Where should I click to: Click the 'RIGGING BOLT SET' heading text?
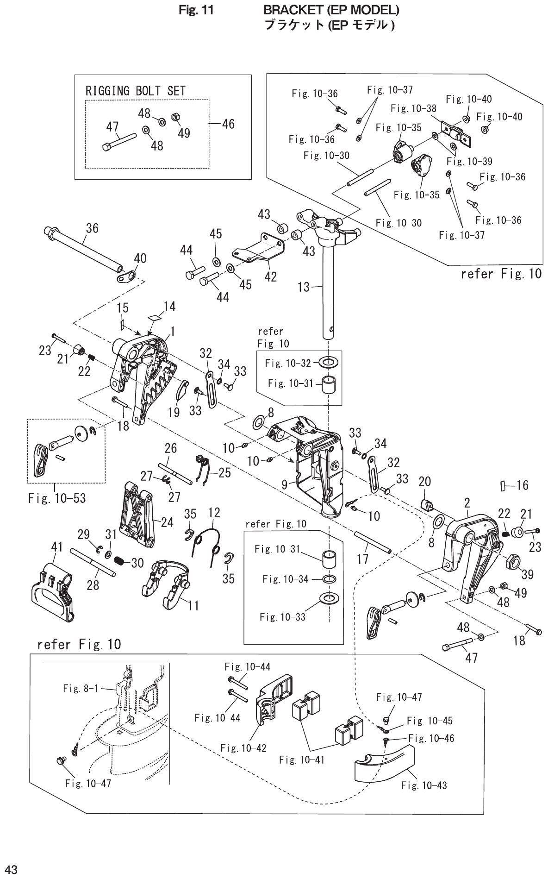[135, 91]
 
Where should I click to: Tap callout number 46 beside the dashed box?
[228, 124]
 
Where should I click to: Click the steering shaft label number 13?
[303, 287]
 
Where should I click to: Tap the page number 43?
[10, 869]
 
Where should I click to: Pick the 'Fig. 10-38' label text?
[413, 108]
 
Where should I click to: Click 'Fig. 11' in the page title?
[196, 10]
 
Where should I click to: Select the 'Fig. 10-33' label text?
[282, 617]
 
